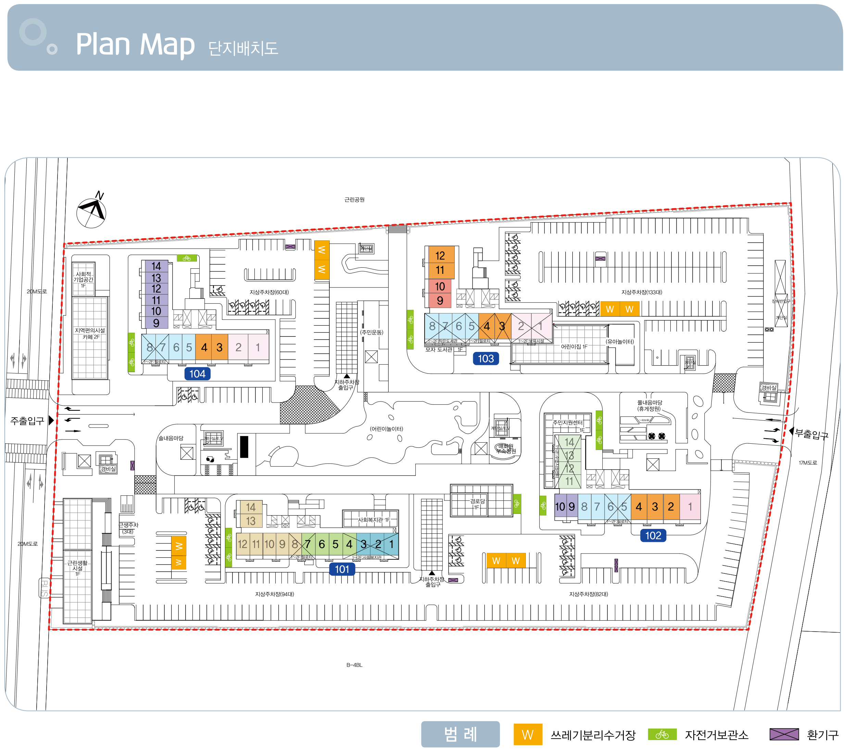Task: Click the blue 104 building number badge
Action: [197, 374]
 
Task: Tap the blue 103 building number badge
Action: [486, 358]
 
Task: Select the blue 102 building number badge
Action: [653, 535]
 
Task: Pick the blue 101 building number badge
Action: [342, 569]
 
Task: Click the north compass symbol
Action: [92, 211]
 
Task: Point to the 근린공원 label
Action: [354, 200]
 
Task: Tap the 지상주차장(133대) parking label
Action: [641, 292]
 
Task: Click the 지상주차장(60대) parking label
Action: [269, 292]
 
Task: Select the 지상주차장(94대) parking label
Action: [274, 594]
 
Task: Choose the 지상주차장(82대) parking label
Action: [588, 594]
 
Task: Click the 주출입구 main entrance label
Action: [27, 421]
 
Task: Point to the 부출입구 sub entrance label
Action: [811, 434]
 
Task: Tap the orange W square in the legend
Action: [528, 735]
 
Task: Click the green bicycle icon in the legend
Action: [662, 734]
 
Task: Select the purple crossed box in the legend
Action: [784, 734]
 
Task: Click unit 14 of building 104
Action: [156, 266]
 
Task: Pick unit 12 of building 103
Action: [440, 255]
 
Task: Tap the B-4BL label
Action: [354, 665]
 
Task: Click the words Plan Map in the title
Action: [135, 44]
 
